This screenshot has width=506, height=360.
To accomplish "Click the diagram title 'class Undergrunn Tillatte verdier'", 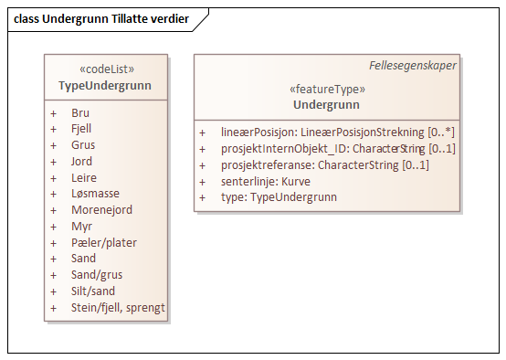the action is [x=101, y=18].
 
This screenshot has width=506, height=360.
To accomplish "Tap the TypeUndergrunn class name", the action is [x=105, y=87].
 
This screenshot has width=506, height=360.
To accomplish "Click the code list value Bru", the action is [x=80, y=112].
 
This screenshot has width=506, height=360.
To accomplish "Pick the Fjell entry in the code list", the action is [x=81, y=129].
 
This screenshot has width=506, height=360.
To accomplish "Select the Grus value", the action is [x=82, y=145].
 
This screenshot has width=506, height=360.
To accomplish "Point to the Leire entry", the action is [x=83, y=178].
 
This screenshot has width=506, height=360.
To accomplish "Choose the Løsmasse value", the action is [x=94, y=195].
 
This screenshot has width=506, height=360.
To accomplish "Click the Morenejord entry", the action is [x=101, y=210].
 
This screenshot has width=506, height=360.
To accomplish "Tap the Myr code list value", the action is [x=81, y=227].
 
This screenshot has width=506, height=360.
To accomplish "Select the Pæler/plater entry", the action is [x=104, y=243].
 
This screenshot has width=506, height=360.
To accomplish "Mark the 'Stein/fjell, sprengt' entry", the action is [x=118, y=308].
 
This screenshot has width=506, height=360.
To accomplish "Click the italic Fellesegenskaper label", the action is [x=413, y=66].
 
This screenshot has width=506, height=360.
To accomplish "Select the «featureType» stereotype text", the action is [x=327, y=90].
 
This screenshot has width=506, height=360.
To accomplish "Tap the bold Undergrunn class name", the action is [x=327, y=104].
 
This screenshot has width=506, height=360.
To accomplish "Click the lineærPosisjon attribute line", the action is [x=337, y=132].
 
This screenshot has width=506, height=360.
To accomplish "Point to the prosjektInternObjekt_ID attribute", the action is [x=337, y=149].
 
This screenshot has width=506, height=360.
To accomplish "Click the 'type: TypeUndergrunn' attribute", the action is [x=279, y=197].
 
